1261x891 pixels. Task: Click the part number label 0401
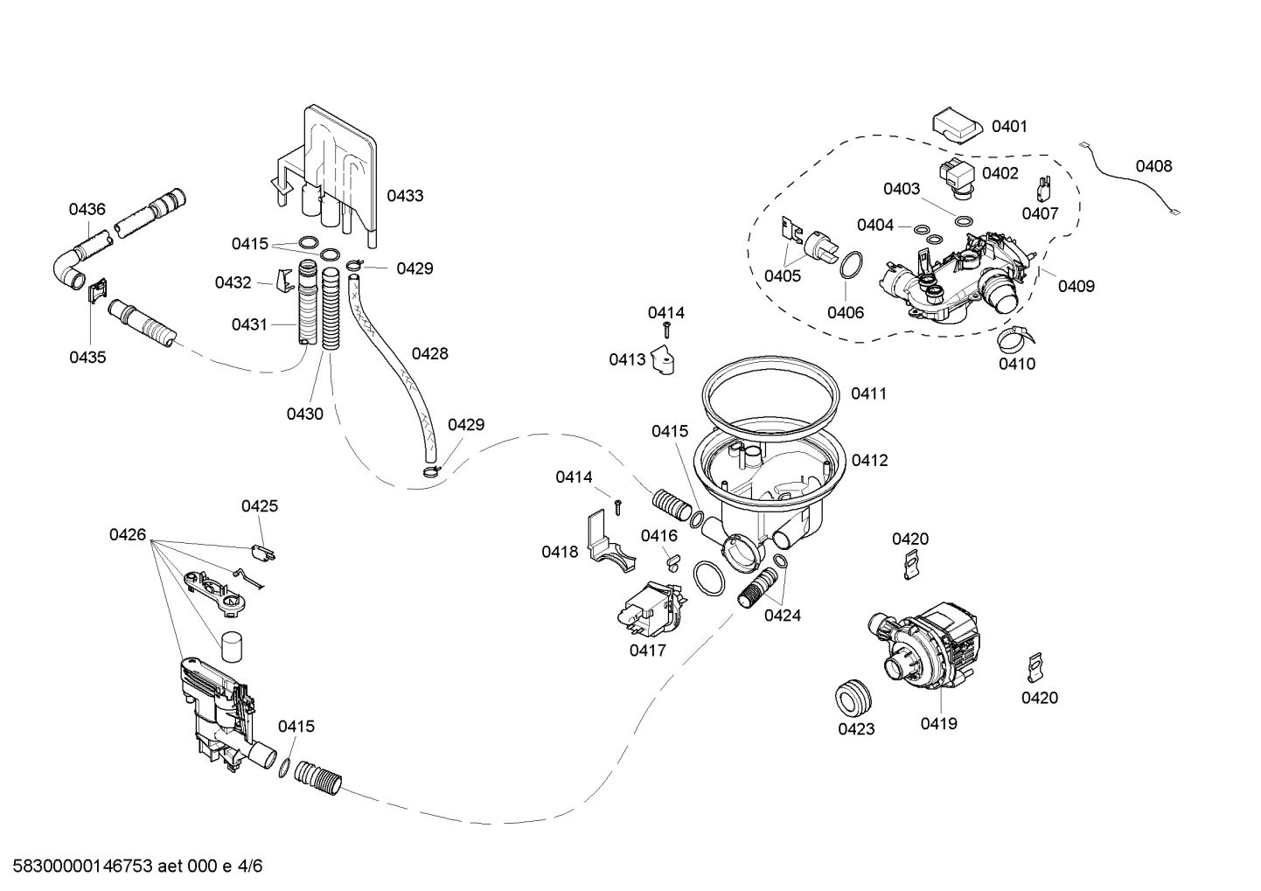coord(1009,127)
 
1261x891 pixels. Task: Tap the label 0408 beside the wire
coord(1153,166)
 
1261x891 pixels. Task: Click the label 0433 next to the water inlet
coord(405,196)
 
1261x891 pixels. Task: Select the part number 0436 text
coord(87,209)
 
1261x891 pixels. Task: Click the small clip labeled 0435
coord(98,290)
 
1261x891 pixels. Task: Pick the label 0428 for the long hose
coord(429,353)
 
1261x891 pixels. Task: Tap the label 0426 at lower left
coord(128,535)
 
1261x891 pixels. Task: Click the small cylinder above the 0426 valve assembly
coord(231,647)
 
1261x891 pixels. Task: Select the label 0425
coord(260,506)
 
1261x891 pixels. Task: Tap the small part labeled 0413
coord(666,362)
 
